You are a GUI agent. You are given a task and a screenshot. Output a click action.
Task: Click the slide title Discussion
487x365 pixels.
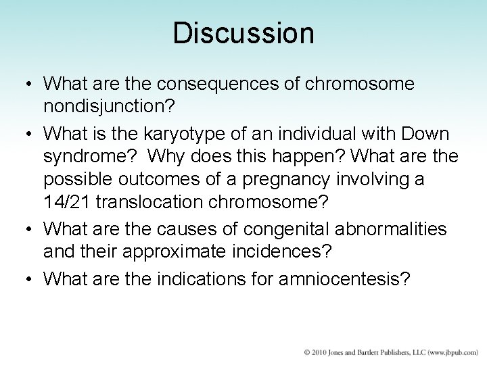point(243,33)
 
